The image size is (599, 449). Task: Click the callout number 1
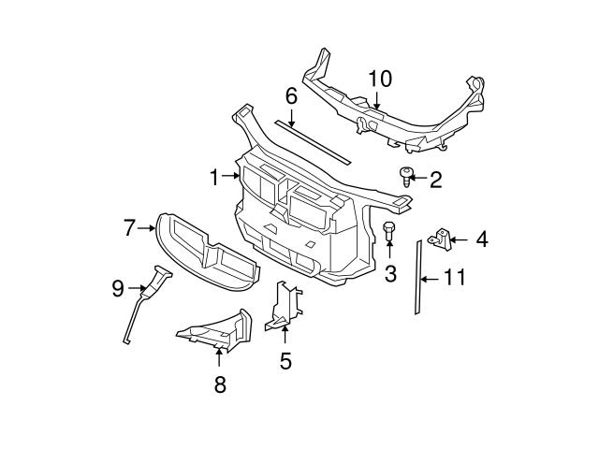214,175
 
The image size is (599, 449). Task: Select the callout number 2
435,179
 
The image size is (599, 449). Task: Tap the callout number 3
391,273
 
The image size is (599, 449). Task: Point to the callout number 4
481,240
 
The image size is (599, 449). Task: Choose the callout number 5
285,359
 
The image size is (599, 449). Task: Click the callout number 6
291,95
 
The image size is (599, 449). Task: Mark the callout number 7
131,225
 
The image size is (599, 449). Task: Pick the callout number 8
220,384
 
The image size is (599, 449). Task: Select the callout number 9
118,288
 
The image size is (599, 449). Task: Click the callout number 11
454,278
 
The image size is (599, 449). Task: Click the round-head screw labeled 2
405,175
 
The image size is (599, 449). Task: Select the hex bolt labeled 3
389,233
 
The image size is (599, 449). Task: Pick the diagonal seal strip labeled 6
314,138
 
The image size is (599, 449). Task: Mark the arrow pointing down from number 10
376,101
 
